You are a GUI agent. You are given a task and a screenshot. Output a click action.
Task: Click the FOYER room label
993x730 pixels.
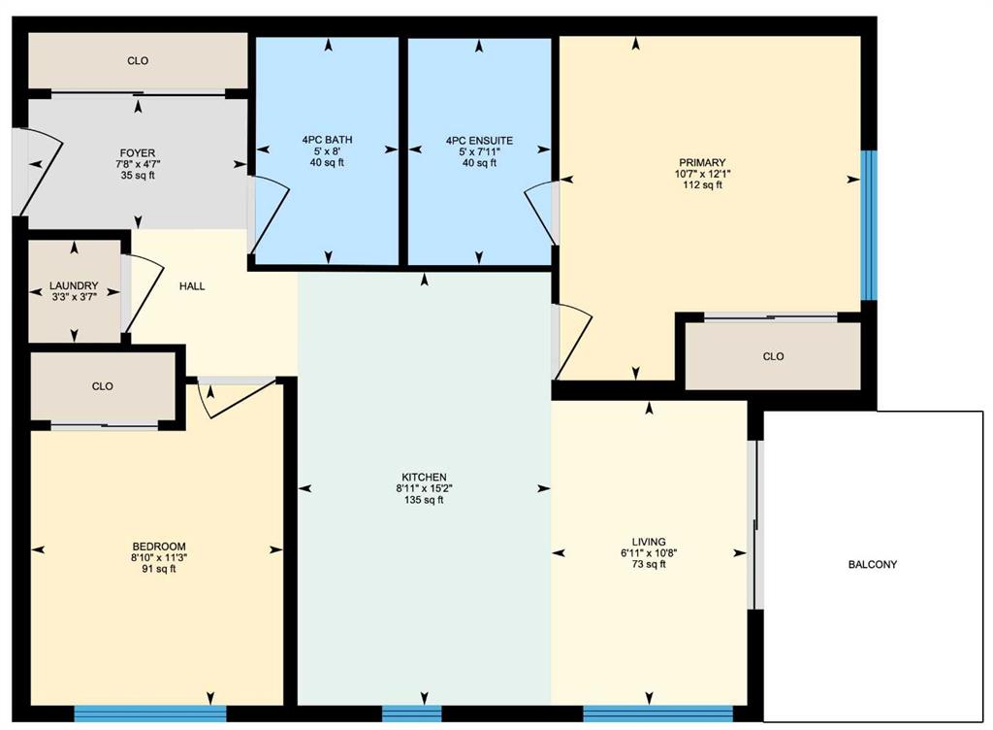[x=138, y=152]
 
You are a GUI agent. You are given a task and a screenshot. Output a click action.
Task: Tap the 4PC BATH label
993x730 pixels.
[x=328, y=140]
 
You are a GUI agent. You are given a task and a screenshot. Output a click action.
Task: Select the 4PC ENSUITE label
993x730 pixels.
[x=479, y=140]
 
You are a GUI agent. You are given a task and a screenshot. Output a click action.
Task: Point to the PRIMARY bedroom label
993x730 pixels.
[x=702, y=162]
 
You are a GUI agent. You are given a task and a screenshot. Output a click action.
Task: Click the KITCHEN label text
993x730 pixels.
[x=425, y=477]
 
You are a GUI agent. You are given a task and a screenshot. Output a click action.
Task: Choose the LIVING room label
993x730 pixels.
[x=649, y=542]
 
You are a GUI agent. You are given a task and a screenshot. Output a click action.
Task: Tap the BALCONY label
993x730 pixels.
[x=873, y=564]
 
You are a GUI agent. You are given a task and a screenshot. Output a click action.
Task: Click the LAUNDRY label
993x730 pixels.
[x=74, y=285]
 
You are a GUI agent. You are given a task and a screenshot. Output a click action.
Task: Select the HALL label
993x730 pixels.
[x=192, y=285]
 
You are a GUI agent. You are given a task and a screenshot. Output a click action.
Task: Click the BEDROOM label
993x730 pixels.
[x=159, y=547]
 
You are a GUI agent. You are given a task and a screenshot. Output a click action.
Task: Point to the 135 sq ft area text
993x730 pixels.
[x=425, y=499]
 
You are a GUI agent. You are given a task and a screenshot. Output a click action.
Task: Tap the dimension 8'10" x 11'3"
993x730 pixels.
[x=159, y=557]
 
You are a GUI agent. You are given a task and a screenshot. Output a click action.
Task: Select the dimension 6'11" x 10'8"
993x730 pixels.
[x=649, y=553]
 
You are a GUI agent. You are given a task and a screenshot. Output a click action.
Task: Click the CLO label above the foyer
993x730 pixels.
[x=138, y=61]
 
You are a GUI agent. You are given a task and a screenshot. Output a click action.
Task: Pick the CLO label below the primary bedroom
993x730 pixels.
[x=773, y=357]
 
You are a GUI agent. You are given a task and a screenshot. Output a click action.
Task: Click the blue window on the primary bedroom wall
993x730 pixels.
[x=869, y=225]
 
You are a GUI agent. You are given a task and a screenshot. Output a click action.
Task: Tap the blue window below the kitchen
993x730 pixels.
[x=411, y=714]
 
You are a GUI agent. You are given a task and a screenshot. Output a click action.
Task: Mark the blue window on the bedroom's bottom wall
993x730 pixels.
[x=150, y=714]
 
